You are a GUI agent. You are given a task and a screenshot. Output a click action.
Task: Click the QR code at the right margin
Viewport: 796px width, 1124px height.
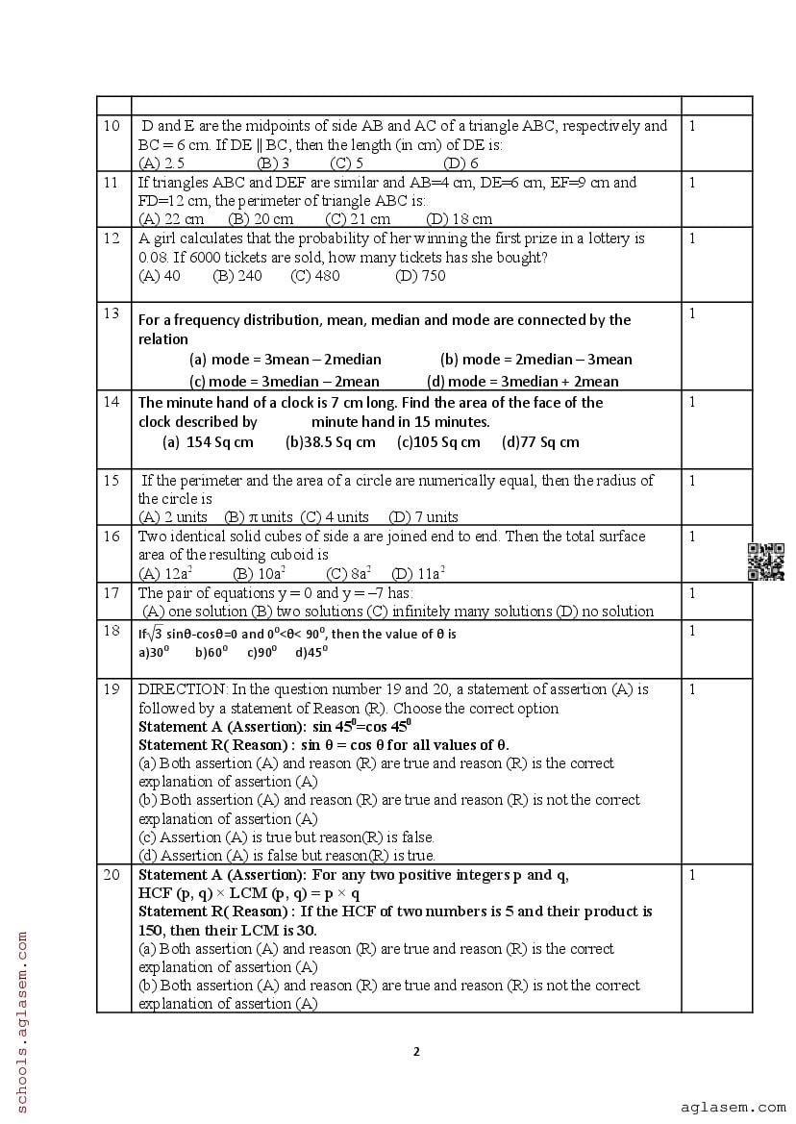pyautogui.click(x=766, y=562)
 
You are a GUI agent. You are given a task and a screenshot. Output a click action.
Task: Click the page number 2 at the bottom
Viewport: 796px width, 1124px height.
pyautogui.click(x=416, y=1051)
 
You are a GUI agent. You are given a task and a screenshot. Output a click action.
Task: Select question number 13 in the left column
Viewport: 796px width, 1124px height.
pyautogui.click(x=112, y=313)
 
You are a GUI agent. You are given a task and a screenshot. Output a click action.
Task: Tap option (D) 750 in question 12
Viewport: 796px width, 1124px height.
pyautogui.click(x=420, y=276)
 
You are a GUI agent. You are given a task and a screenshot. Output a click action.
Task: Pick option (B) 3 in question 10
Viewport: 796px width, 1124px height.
pyautogui.click(x=273, y=163)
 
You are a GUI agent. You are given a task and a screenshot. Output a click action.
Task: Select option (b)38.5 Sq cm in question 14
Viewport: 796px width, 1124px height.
pyautogui.click(x=331, y=442)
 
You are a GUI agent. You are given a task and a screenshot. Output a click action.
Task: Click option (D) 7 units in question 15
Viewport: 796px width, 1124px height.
pyautogui.click(x=423, y=517)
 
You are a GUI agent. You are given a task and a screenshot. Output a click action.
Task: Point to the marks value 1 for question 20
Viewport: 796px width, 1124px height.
pyautogui.click(x=692, y=875)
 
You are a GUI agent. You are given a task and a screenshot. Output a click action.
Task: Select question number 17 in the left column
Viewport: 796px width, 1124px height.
pyautogui.click(x=112, y=593)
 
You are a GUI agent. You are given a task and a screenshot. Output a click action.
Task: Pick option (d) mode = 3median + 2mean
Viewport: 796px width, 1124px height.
pyautogui.click(x=522, y=381)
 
